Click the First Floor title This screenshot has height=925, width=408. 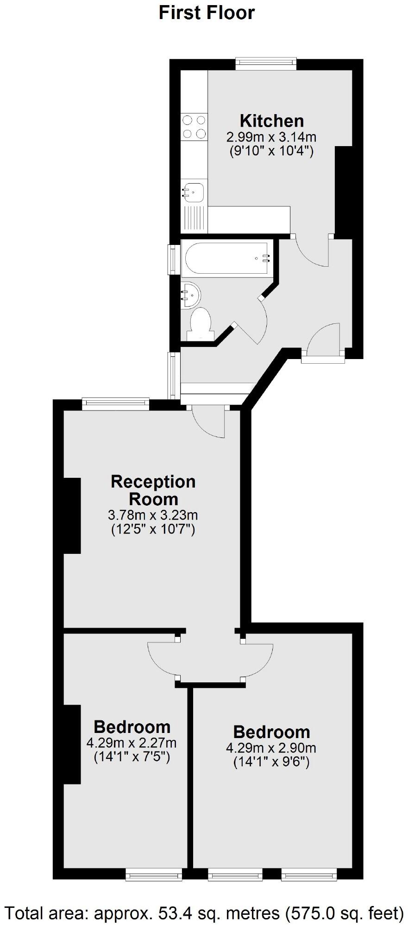[207, 13]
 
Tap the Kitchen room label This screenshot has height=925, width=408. [272, 121]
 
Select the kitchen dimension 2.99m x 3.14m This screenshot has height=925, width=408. [271, 137]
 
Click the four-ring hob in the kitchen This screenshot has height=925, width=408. [194, 127]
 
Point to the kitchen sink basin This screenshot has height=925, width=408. [193, 191]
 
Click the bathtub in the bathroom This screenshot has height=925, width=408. [226, 258]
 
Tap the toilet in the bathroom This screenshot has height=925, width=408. [201, 322]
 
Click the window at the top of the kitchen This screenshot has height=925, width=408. [265, 63]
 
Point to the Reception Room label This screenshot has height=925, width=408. [153, 490]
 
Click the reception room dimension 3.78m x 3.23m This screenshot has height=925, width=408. [153, 515]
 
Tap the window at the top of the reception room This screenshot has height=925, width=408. [116, 404]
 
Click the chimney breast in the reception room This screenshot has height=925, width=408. [72, 515]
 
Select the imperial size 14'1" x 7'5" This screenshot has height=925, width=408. [132, 758]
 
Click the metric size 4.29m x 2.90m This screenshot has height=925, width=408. [271, 748]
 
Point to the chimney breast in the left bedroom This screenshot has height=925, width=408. [72, 744]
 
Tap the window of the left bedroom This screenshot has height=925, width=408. [154, 875]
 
